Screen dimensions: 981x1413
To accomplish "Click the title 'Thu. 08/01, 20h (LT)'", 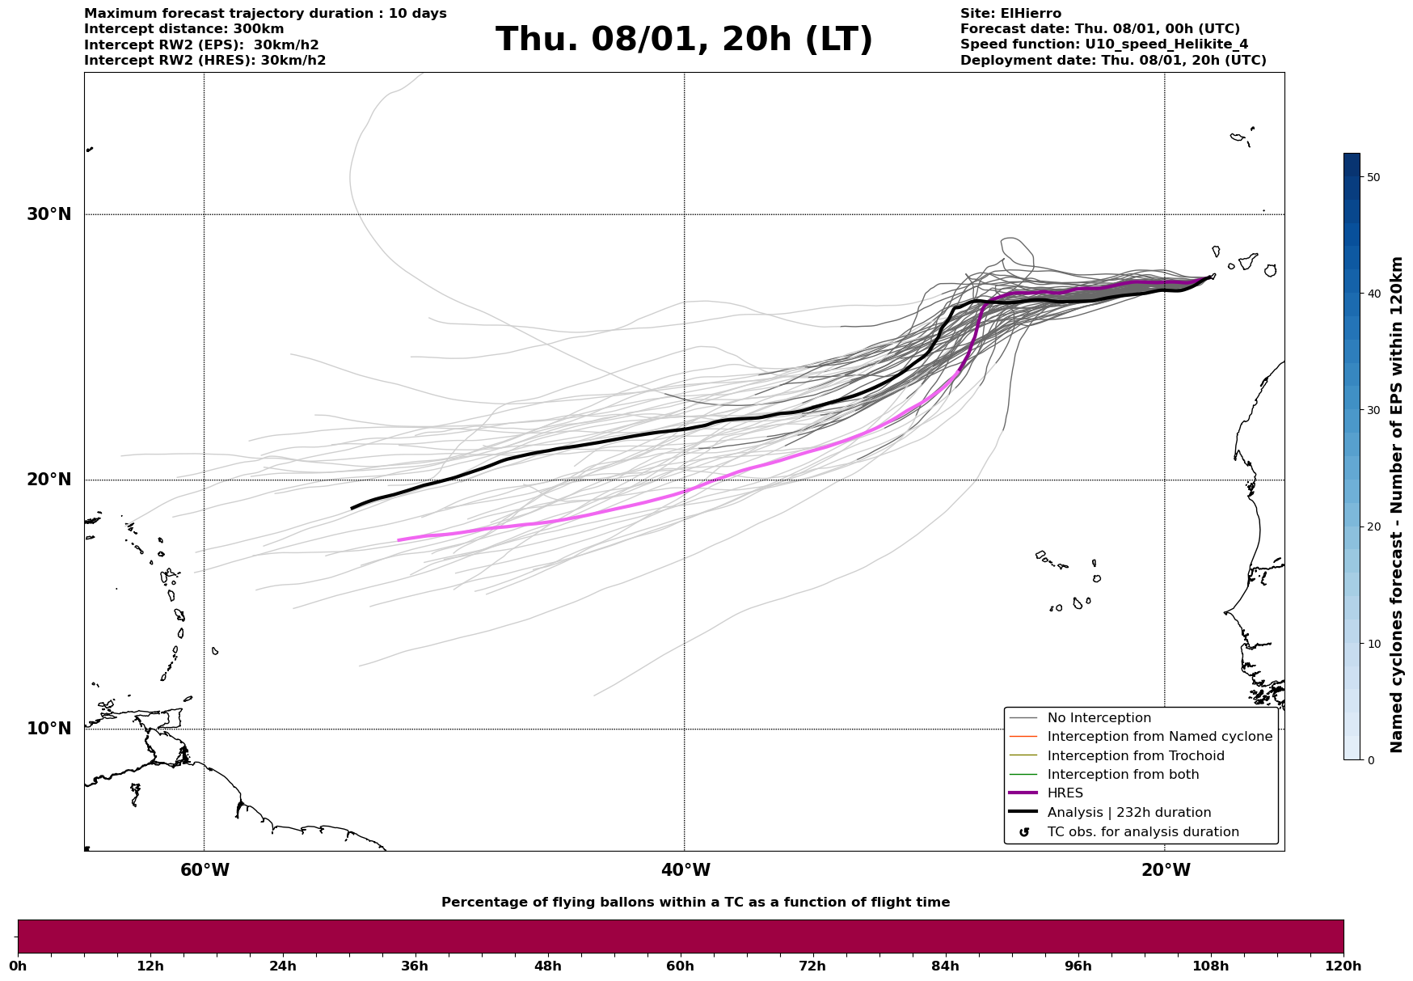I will (x=684, y=40).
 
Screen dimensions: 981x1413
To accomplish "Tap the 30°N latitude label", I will (x=49, y=214).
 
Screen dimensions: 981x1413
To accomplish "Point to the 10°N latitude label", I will (x=49, y=729).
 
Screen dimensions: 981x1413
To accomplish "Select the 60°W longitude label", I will (x=205, y=870).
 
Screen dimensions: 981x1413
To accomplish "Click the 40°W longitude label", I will (x=685, y=870).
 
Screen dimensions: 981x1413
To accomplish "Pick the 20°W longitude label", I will (x=1166, y=870).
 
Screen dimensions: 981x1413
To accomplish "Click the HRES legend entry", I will (x=1065, y=793).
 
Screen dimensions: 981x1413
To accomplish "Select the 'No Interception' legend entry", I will (x=1099, y=718).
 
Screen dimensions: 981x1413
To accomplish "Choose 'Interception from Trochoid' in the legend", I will (x=1135, y=756).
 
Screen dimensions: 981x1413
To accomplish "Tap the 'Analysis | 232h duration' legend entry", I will (x=1128, y=813).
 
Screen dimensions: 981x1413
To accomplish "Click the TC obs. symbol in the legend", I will (x=1024, y=832).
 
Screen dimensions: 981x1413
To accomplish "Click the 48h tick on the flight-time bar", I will (x=548, y=966).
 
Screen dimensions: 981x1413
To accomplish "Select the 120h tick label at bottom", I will (x=1343, y=966).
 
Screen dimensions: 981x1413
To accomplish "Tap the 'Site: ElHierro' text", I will (x=1010, y=14).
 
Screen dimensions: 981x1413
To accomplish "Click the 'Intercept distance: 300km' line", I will (x=183, y=29).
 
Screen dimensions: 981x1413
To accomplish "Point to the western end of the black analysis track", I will (x=352, y=508).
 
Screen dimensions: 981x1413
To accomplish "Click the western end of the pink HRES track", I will (x=399, y=539).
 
